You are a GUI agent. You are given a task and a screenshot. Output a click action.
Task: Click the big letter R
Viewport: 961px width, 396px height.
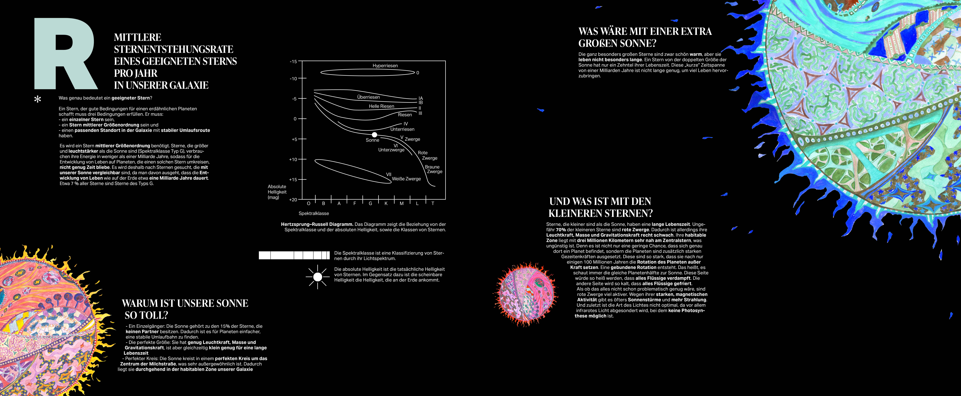click(x=65, y=54)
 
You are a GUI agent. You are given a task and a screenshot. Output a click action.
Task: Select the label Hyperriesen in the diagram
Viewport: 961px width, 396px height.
click(x=385, y=66)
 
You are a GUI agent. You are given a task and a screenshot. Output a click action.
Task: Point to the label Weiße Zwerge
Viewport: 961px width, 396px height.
click(x=406, y=179)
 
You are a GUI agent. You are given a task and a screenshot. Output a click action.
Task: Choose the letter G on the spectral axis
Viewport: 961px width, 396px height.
click(x=370, y=203)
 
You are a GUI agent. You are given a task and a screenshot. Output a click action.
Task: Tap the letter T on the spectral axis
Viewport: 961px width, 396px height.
click(x=433, y=203)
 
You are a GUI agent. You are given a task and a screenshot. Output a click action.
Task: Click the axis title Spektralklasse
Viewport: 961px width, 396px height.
click(x=314, y=214)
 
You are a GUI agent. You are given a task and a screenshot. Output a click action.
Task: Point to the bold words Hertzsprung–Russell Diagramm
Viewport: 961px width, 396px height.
click(x=317, y=224)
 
